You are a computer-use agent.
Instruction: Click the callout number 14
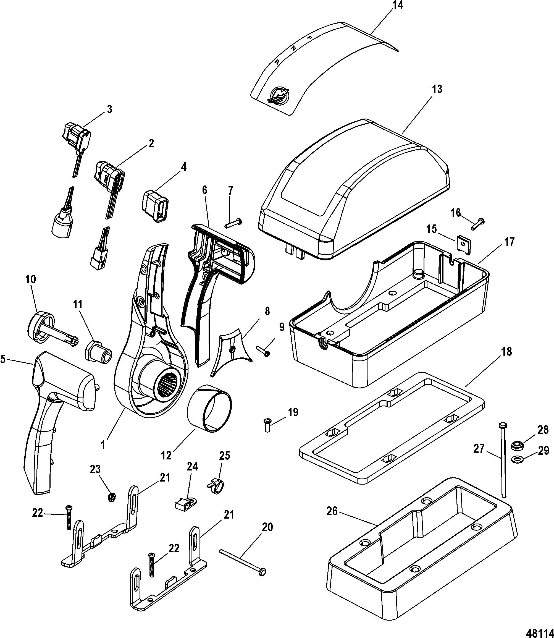[x=398, y=5]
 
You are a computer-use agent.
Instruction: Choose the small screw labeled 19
[x=267, y=425]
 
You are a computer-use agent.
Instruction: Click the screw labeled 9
[x=263, y=351]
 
